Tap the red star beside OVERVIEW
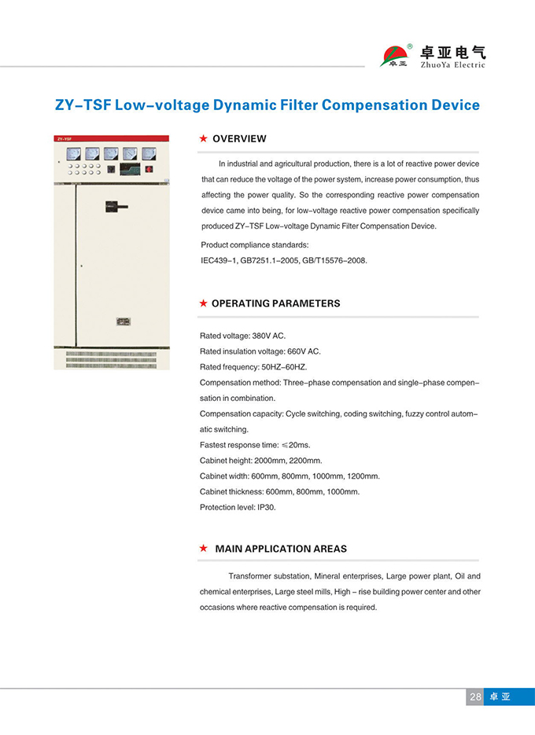[x=203, y=138]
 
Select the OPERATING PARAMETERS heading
[x=275, y=303]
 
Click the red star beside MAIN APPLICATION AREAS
[x=203, y=548]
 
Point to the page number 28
[x=475, y=696]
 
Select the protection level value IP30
[x=267, y=507]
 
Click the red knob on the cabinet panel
[x=149, y=168]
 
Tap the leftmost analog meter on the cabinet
[x=73, y=153]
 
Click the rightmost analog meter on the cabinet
[x=149, y=153]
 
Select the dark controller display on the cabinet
[x=129, y=168]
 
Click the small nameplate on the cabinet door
[x=122, y=321]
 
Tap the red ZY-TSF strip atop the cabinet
[x=111, y=138]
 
